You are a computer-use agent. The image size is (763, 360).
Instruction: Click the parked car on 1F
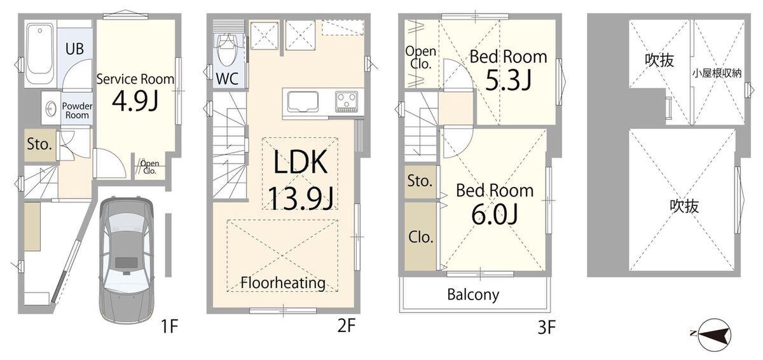tap(126, 260)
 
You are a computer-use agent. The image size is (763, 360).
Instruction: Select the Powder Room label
tap(78, 111)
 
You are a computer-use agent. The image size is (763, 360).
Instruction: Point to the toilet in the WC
tap(227, 50)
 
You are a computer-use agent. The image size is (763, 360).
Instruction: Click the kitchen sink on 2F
tap(303, 102)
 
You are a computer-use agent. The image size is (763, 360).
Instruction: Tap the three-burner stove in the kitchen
tap(347, 101)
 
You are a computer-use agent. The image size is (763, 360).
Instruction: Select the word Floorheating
tap(283, 282)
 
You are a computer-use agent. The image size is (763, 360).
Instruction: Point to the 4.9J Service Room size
tap(135, 101)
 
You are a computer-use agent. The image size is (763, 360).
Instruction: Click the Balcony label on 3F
tap(473, 294)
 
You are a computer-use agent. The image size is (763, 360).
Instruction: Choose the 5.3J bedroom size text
tap(508, 80)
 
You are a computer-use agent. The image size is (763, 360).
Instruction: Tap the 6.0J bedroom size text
tap(495, 214)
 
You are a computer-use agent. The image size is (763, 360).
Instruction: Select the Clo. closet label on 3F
tap(421, 237)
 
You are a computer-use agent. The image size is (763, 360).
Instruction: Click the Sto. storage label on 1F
tap(39, 144)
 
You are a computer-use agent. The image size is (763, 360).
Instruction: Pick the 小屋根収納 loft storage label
tap(717, 73)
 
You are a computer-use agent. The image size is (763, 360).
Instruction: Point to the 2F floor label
tap(347, 326)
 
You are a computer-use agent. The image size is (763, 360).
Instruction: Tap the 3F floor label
tap(547, 328)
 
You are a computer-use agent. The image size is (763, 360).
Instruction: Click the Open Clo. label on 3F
tap(421, 57)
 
